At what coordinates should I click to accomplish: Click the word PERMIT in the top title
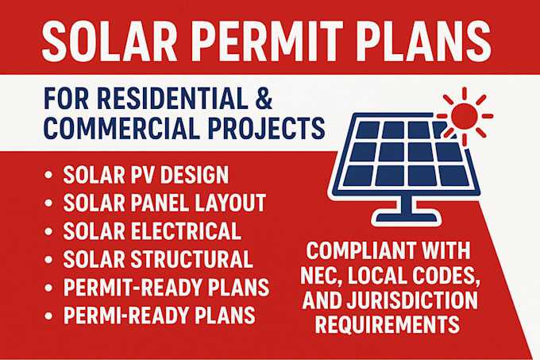click(x=267, y=41)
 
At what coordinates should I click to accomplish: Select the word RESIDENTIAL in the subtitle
click(x=172, y=99)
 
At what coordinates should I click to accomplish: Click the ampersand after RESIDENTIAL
click(x=264, y=99)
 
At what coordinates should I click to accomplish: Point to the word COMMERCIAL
click(x=121, y=127)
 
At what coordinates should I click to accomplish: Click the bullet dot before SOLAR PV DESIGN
click(x=48, y=175)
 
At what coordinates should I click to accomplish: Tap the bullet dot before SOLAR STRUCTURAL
click(x=48, y=259)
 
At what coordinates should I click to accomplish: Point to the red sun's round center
click(x=465, y=116)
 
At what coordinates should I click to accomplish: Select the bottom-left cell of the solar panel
click(x=358, y=176)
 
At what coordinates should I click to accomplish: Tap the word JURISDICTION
click(x=412, y=300)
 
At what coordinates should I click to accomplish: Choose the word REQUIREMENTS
click(x=388, y=324)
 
